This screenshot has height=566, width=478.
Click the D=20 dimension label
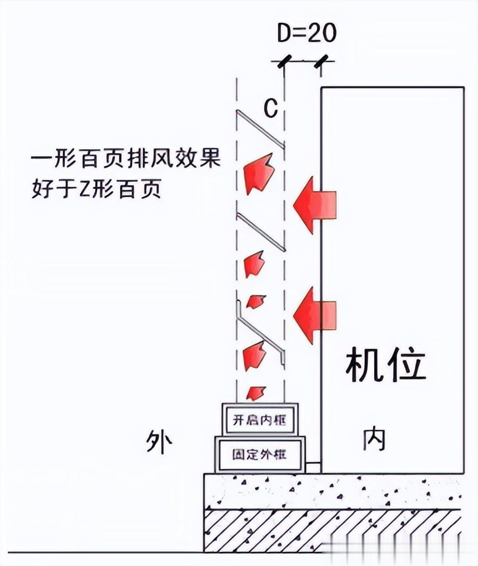pos(307,33)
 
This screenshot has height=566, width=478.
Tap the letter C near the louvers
pos(270,108)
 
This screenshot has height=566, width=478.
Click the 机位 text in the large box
pos(386,365)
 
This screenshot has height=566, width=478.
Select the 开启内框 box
pos(260,419)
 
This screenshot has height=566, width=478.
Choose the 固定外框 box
pos(260,454)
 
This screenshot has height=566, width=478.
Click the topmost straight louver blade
pos(261,129)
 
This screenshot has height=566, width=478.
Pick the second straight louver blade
pos(261,232)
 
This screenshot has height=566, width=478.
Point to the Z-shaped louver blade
pos(261,333)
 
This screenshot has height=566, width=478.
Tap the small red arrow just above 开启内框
pos(256,393)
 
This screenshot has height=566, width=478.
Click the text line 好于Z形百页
pos(96,189)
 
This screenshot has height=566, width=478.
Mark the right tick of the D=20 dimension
pos(321,61)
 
